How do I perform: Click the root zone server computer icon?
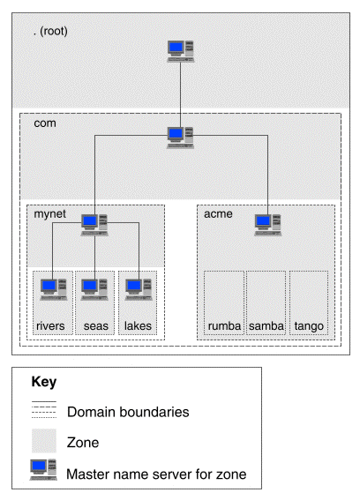pos(181,51)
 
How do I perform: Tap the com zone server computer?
pos(181,138)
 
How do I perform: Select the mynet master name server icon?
pos(94,225)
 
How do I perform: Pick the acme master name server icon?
pos(267,225)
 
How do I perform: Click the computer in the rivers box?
pos(53,289)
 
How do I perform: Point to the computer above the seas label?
pos(94,289)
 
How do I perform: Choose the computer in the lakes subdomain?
pos(139,289)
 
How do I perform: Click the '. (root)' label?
pos(50,31)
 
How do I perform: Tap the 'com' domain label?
pos(45,123)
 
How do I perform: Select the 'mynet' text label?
pos(49,214)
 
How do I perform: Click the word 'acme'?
pos(218,214)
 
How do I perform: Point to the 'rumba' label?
pos(224,326)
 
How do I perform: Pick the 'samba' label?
pos(266,326)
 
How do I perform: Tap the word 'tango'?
pos(309,326)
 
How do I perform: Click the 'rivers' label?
pos(50,326)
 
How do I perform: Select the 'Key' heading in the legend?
pos(44,382)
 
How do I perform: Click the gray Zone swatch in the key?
pos(44,441)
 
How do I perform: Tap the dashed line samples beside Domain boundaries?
pos(44,409)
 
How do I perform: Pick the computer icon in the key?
pos(43,469)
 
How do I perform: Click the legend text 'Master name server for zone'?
pos(156,474)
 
